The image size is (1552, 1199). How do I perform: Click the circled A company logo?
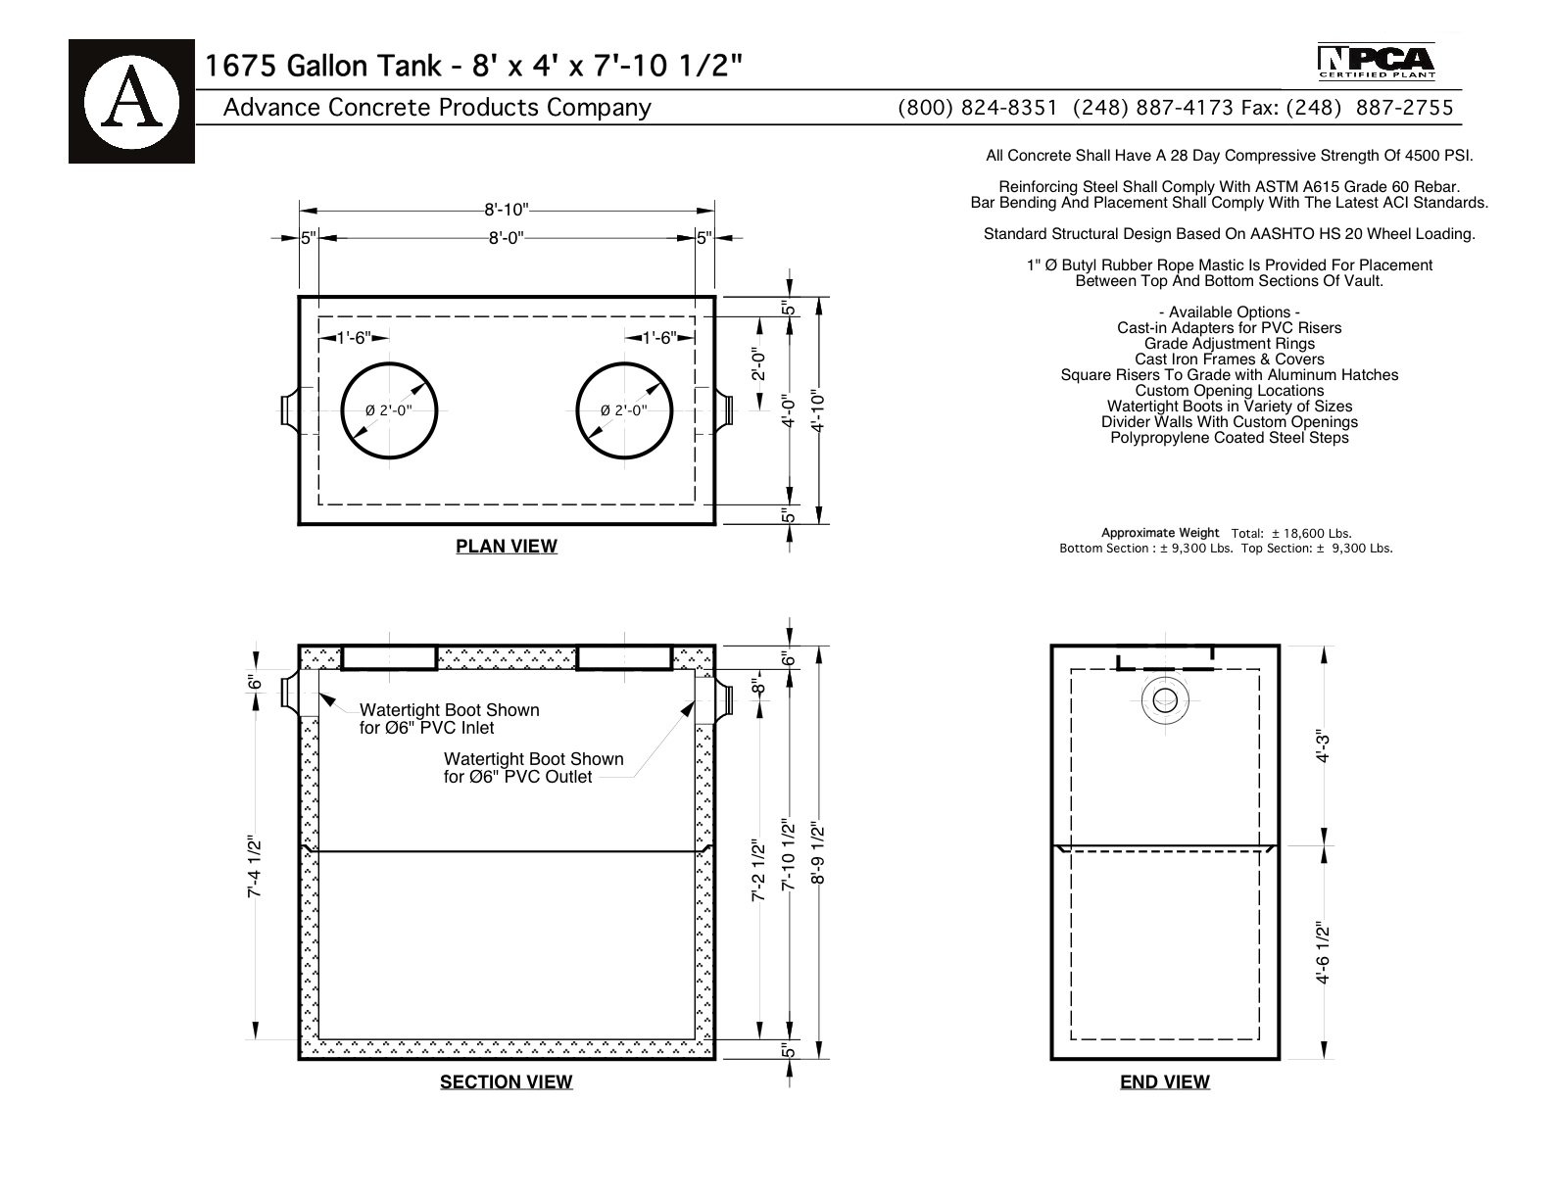tap(131, 102)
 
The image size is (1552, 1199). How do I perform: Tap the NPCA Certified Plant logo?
tap(1376, 62)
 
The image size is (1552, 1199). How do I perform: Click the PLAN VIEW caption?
tap(507, 547)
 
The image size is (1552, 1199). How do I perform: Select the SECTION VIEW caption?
tap(506, 1081)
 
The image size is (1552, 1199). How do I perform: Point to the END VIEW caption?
tap(1164, 1081)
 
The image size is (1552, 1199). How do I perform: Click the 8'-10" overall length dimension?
tap(507, 210)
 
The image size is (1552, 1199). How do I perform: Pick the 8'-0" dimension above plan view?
tap(507, 238)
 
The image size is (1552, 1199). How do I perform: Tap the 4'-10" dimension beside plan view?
tap(818, 409)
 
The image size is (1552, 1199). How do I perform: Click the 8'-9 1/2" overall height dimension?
tap(818, 854)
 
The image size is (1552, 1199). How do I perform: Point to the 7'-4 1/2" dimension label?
tap(255, 868)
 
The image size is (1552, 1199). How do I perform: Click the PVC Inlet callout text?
tap(450, 719)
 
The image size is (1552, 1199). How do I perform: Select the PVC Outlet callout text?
tap(534, 768)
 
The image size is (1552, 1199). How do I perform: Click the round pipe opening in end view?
tap(1165, 699)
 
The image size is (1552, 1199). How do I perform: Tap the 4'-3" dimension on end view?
tap(1323, 746)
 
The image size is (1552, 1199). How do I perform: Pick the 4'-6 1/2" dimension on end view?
tap(1323, 952)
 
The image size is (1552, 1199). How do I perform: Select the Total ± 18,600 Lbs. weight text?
tap(1291, 534)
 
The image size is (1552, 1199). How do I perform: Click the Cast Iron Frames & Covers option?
tap(1230, 360)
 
